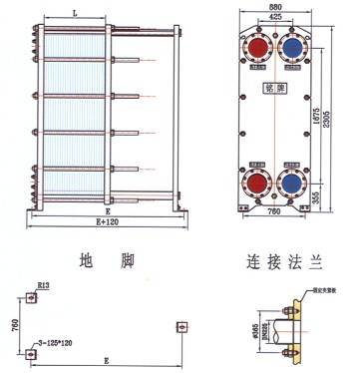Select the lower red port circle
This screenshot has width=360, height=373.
(257, 181)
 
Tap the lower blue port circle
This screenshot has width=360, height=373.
(294, 181)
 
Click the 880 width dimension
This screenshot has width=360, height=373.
(274, 7)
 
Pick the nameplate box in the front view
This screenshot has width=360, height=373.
(275, 115)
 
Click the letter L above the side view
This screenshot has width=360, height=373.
(76, 12)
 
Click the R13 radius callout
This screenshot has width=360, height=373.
(43, 286)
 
